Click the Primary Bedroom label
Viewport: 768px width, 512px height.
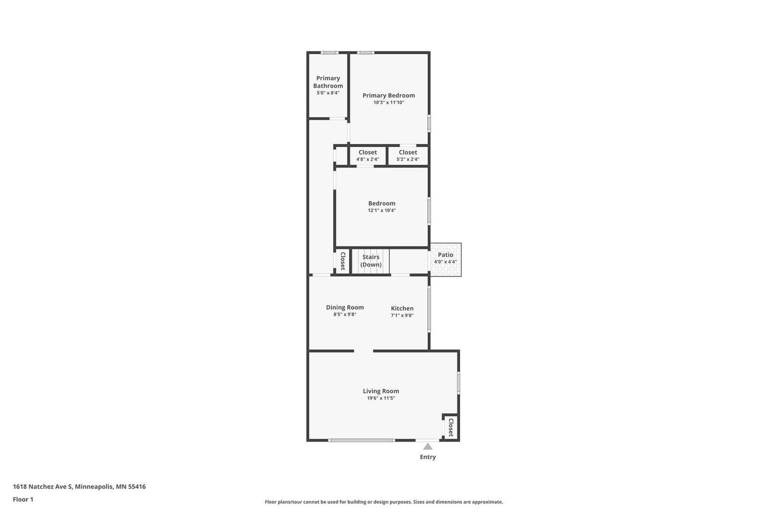tap(388, 95)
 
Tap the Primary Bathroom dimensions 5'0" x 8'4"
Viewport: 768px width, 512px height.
tap(328, 93)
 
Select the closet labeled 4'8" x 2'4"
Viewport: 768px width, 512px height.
tap(368, 156)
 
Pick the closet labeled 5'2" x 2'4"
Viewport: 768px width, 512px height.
tap(408, 156)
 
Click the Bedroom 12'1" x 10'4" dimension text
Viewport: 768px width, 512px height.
tap(382, 210)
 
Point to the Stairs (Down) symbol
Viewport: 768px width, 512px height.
tap(371, 261)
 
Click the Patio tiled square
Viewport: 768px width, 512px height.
tap(445, 259)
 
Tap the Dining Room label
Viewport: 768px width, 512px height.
tap(345, 307)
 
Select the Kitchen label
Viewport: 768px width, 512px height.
tap(402, 308)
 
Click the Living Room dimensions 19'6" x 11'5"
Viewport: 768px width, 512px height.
tap(381, 398)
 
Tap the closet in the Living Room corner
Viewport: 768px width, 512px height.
tap(450, 427)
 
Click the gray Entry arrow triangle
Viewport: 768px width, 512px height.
tap(428, 447)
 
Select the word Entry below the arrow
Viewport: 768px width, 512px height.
tap(428, 457)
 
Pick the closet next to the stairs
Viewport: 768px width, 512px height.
tap(343, 261)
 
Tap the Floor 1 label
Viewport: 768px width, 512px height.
tap(23, 500)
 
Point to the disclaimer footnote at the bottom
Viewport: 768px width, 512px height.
tap(384, 502)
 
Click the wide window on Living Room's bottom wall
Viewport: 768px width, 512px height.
tap(361, 440)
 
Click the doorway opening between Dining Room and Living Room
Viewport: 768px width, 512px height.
tap(363, 351)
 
